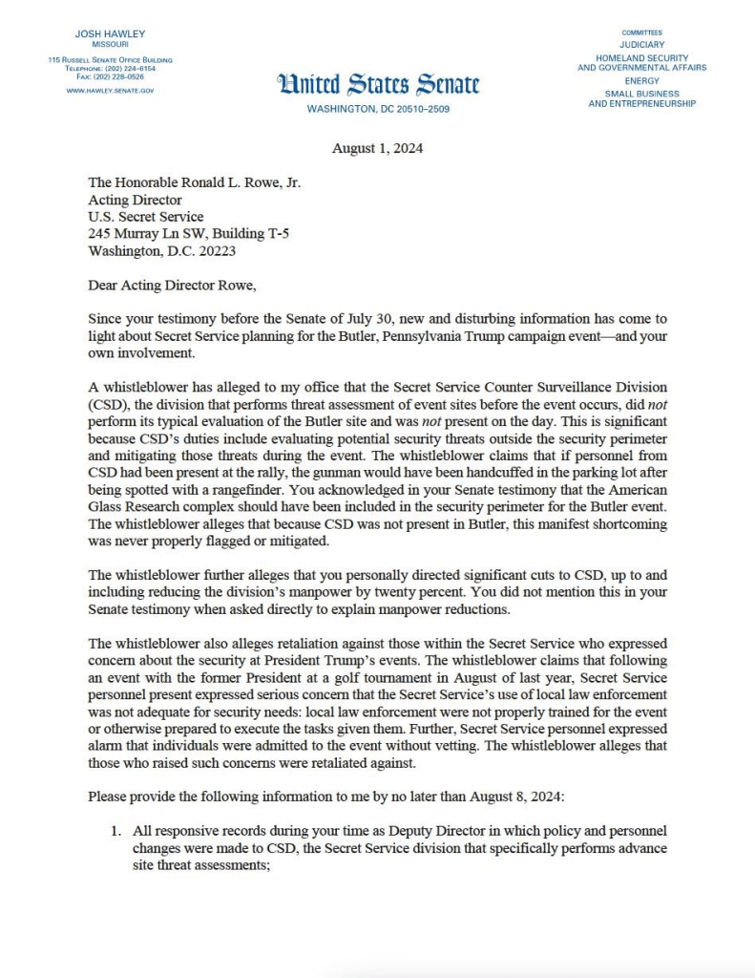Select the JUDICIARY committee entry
641,45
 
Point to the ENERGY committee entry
641,81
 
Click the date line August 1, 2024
377,148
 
